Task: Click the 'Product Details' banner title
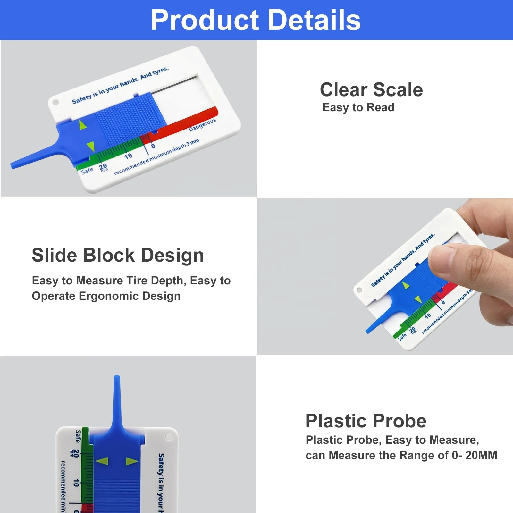[x=256, y=20]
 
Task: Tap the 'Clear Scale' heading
[x=371, y=89]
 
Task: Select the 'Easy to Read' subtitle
[x=358, y=107]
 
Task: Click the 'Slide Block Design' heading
[x=118, y=255]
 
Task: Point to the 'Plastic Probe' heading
[x=366, y=421]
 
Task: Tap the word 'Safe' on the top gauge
[x=87, y=170]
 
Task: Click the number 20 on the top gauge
[x=103, y=167]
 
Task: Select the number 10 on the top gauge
[x=128, y=156]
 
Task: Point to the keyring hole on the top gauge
[x=55, y=103]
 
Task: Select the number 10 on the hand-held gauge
[x=428, y=316]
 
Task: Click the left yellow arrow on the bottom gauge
[x=102, y=461]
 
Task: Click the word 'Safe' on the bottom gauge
[x=78, y=436]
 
